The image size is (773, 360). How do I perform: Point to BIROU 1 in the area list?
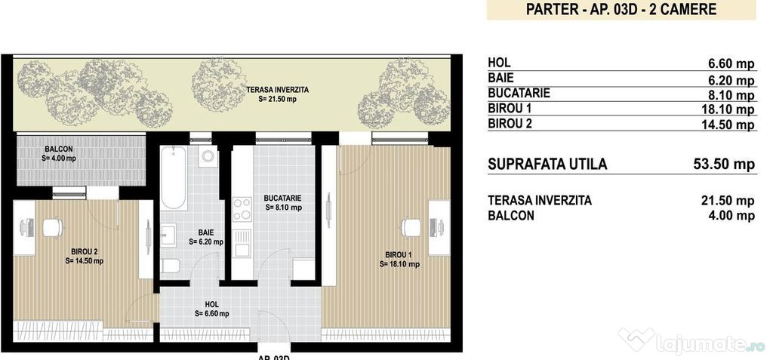[510, 109]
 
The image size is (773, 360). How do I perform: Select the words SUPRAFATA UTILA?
[547, 164]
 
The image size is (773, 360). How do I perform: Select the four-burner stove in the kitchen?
[242, 209]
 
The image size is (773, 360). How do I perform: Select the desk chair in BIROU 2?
[51, 226]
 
